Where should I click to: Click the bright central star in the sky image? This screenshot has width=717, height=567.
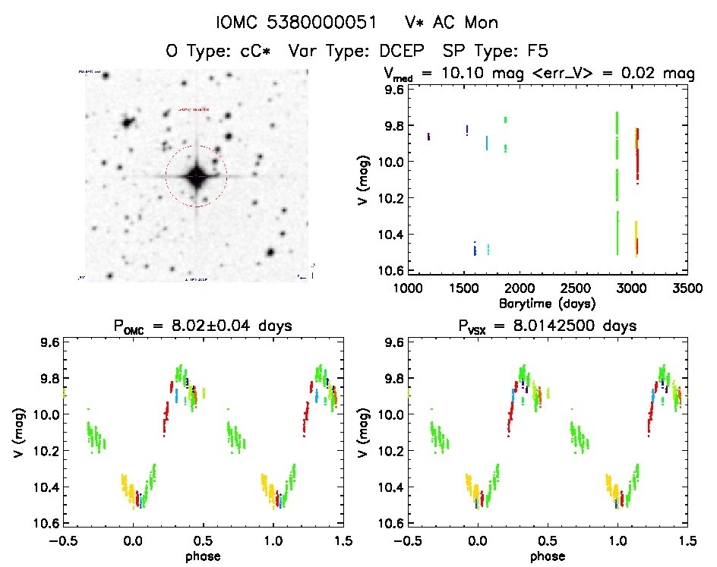197,176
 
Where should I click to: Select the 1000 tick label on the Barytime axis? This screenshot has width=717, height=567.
408,289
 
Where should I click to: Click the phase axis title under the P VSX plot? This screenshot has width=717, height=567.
548,556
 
